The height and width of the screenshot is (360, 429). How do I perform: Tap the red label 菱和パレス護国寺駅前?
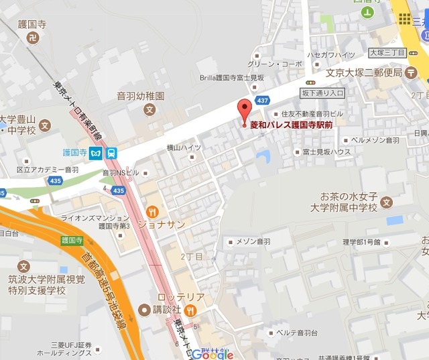coord(292,125)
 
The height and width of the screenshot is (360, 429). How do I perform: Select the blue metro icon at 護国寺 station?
coord(98,153)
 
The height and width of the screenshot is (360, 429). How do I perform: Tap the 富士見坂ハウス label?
coord(326,152)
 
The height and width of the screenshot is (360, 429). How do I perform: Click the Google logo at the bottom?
coord(214,354)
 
